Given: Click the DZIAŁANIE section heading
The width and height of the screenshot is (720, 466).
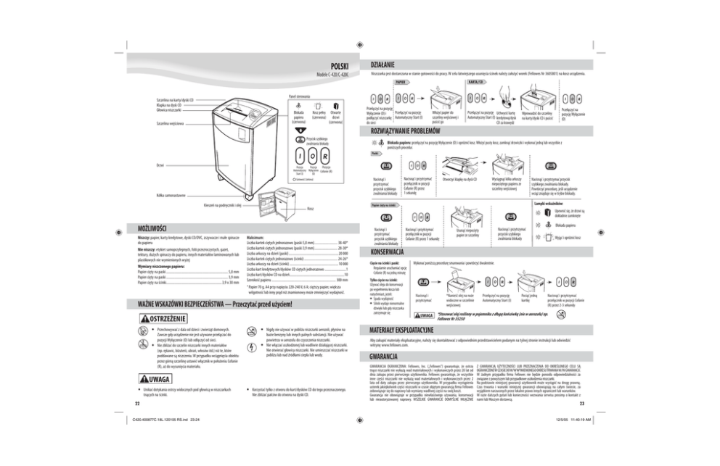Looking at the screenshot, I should coord(383,64).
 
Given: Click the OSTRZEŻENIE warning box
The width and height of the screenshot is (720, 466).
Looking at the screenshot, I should coord(162,317).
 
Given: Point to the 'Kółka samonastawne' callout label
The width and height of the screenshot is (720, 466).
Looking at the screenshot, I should coord(168,195).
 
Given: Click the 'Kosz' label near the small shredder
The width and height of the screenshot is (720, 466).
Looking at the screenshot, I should coord(310,209).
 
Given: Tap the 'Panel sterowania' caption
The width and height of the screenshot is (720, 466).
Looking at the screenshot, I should coord(300,95).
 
